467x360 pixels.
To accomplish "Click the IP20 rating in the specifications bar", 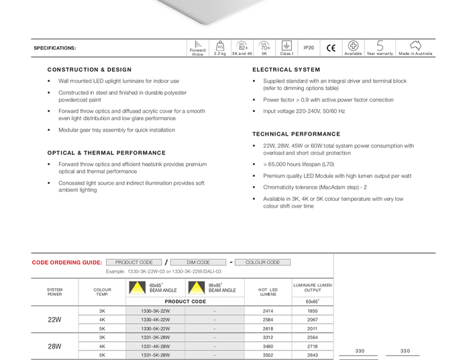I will pyautogui.click(x=309, y=48).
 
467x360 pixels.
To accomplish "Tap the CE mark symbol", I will pyautogui.click(x=331, y=48).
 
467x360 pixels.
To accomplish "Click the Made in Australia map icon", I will pyautogui.click(x=415, y=46).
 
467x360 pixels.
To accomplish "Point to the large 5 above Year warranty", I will pyautogui.click(x=380, y=46).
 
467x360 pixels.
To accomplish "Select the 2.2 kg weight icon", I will pyautogui.click(x=219, y=46).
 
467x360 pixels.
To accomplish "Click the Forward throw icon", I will pyautogui.click(x=198, y=44).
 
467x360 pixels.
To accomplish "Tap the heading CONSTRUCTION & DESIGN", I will pyautogui.click(x=89, y=70).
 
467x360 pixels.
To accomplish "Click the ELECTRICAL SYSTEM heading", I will pyautogui.click(x=287, y=70).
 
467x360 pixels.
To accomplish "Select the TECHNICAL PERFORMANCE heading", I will pyautogui.click(x=296, y=134).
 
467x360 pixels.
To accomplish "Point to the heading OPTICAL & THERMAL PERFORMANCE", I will pyautogui.click(x=106, y=153).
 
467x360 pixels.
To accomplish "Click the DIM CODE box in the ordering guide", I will pyautogui.click(x=198, y=263).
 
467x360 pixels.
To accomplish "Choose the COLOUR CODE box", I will pyautogui.click(x=262, y=263).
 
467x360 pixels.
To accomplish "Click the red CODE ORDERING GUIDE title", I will pyautogui.click(x=67, y=263).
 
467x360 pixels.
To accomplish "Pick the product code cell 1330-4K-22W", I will pyautogui.click(x=156, y=320).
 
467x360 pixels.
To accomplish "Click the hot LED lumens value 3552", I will pyautogui.click(x=268, y=355).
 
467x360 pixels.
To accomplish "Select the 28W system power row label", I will pyautogui.click(x=54, y=347).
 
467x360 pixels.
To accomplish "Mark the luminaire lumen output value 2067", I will pyautogui.click(x=312, y=320).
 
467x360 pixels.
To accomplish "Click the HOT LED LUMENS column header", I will pyautogui.click(x=268, y=291).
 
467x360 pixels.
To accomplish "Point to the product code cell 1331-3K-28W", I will pyautogui.click(x=156, y=338).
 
